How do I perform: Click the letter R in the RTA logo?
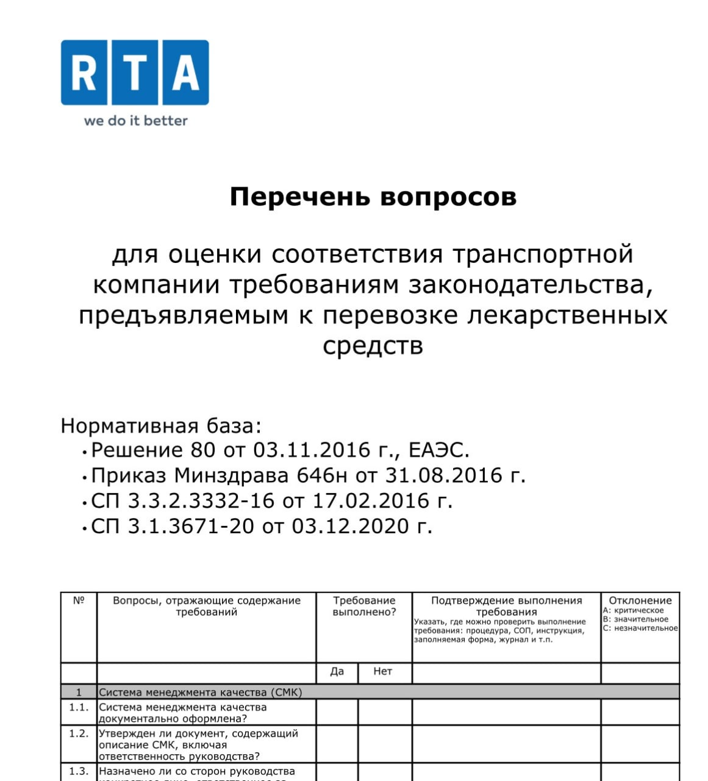coord(84,73)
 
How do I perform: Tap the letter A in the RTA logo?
coord(185,73)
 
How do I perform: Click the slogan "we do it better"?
coord(135,121)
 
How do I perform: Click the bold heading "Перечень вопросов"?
coord(373,196)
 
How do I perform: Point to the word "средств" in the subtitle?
coord(373,346)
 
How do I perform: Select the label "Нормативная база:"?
coord(161,425)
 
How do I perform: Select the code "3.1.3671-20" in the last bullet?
coord(190,526)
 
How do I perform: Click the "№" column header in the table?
coord(79,600)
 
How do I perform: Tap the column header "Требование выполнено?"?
coord(364,606)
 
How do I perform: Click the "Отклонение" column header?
coord(640,600)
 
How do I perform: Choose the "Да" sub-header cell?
coord(337,671)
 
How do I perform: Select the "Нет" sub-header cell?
coord(382,671)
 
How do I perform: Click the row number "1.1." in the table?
coord(79,707)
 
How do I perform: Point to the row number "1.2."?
coord(79,733)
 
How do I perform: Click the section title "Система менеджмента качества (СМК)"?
coord(201,693)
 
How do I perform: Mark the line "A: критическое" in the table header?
coord(634,611)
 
